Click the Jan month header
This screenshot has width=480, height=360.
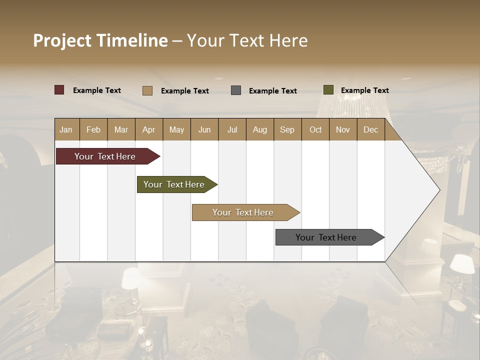(x=66, y=129)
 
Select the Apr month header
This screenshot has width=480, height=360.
(x=148, y=129)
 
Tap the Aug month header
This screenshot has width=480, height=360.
(x=259, y=129)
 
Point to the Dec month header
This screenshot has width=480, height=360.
(x=370, y=129)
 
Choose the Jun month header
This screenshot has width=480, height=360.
(x=204, y=129)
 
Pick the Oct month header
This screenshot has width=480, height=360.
(x=315, y=129)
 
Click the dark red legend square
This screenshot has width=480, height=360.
(x=59, y=90)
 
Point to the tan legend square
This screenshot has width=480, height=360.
(x=147, y=90)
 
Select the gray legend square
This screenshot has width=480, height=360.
(x=236, y=90)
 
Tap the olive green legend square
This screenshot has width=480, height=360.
(x=328, y=90)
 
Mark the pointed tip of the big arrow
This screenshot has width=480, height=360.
(x=439, y=190)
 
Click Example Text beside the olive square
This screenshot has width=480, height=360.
(x=364, y=90)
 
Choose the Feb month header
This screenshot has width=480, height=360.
(x=93, y=129)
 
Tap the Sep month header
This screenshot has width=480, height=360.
(x=287, y=129)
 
